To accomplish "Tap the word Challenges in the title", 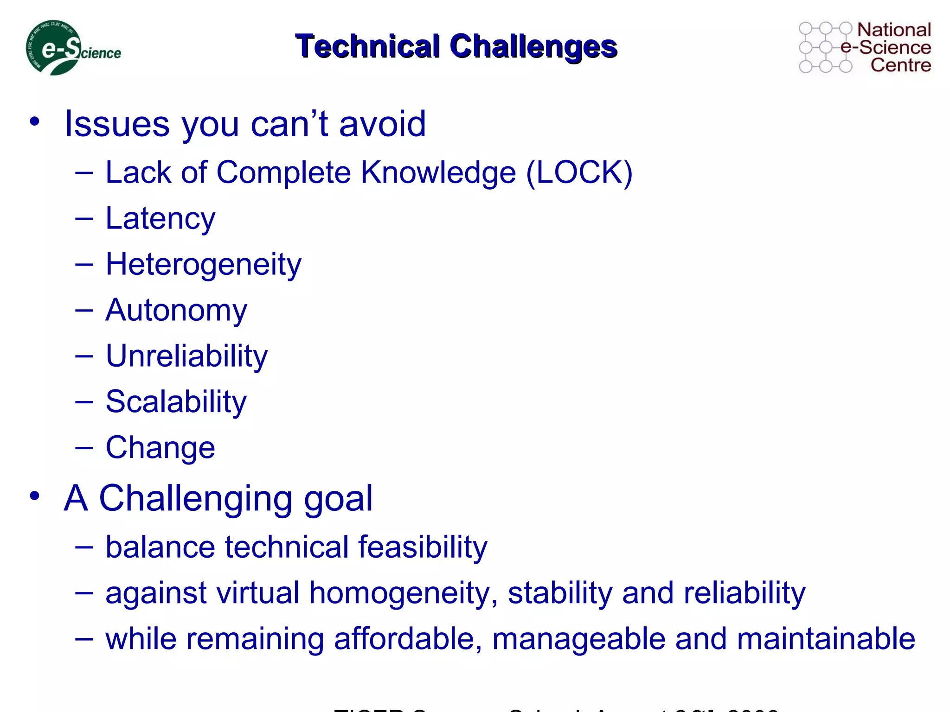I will pos(533,46).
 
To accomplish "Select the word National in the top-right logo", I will pos(893,30).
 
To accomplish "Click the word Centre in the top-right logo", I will pos(900,65).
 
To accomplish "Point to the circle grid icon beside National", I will pos(825,48).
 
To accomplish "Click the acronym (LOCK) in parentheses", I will pos(579,173).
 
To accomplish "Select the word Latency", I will pos(160,218).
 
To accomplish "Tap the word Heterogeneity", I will pos(203,265).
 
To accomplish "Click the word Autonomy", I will pos(176,310).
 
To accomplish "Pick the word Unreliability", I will pos(186,356).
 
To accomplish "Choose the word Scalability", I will pos(176,401).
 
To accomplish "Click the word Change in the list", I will pos(160,447).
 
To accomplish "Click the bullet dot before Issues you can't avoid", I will pos(34,122).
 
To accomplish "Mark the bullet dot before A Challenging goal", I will pos(34,496).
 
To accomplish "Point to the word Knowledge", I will pos(438,173).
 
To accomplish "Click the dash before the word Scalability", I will pos(84,401).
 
